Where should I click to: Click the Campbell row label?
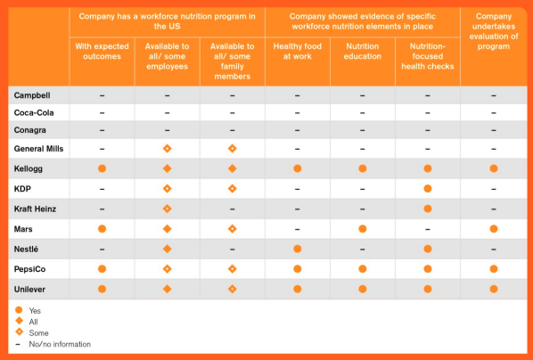coord(32,95)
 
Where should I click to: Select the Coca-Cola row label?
coord(34,113)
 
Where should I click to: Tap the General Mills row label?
coord(38,149)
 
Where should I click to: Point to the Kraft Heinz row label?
coord(35,209)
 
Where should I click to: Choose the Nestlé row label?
coord(26,250)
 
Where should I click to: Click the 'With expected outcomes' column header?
coord(102,52)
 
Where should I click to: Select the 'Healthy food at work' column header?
coord(298,52)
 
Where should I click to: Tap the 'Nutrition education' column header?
coord(363,52)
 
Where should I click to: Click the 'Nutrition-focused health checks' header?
coord(428,56)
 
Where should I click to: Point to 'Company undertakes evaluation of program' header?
coord(494,31)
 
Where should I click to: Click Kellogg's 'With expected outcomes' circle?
coord(102,168)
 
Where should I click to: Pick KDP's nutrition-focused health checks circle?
coord(428,189)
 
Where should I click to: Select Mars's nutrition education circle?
coord(363,229)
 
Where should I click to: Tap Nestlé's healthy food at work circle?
coord(298,250)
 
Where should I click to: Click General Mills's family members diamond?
coord(232,149)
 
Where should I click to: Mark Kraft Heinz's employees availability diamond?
coord(167,209)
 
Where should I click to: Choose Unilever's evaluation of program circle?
coord(494,290)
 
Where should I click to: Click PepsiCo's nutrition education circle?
coord(363,269)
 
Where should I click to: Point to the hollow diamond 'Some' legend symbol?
coord(20,332)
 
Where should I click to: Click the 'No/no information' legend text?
coord(60,344)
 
